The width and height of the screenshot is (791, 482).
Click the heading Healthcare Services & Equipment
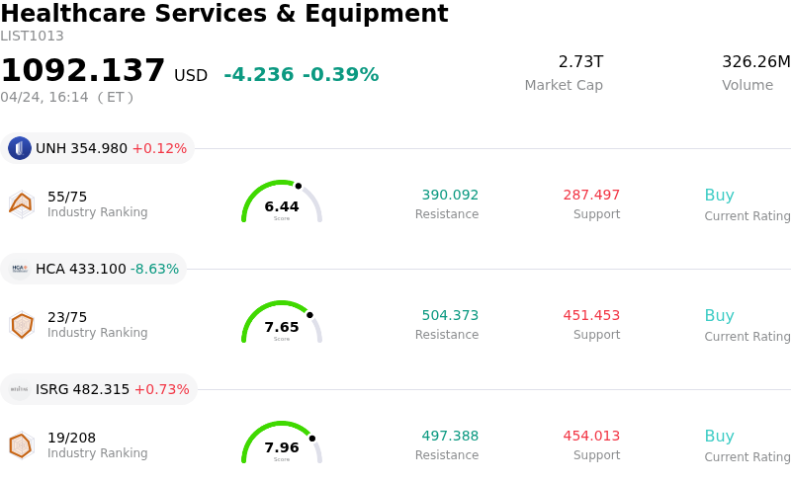point(224,15)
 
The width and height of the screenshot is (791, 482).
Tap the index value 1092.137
point(83,71)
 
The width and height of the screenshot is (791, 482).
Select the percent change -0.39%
point(340,75)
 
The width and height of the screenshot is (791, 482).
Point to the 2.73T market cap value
point(580,62)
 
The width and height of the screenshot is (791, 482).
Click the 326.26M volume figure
point(755,62)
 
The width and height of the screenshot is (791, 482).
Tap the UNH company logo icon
point(20,148)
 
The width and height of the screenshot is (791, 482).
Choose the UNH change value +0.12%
point(159,149)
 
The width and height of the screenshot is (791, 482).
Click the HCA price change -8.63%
point(155,269)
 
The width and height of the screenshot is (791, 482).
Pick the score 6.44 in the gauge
point(282,207)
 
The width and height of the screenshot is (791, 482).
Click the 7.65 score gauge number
point(282,328)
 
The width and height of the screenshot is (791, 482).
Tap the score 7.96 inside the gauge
point(282,448)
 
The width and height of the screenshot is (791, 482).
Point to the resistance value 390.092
point(450,196)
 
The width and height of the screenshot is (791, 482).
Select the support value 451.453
point(591,316)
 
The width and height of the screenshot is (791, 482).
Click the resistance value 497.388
point(450,437)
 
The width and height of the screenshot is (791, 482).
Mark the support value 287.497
point(591,196)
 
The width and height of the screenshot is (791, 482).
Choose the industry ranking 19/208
point(71,438)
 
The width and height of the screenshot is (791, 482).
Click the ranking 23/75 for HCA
point(67,317)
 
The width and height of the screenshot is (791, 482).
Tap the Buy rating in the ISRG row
point(719,437)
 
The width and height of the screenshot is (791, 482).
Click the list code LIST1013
point(32,37)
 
